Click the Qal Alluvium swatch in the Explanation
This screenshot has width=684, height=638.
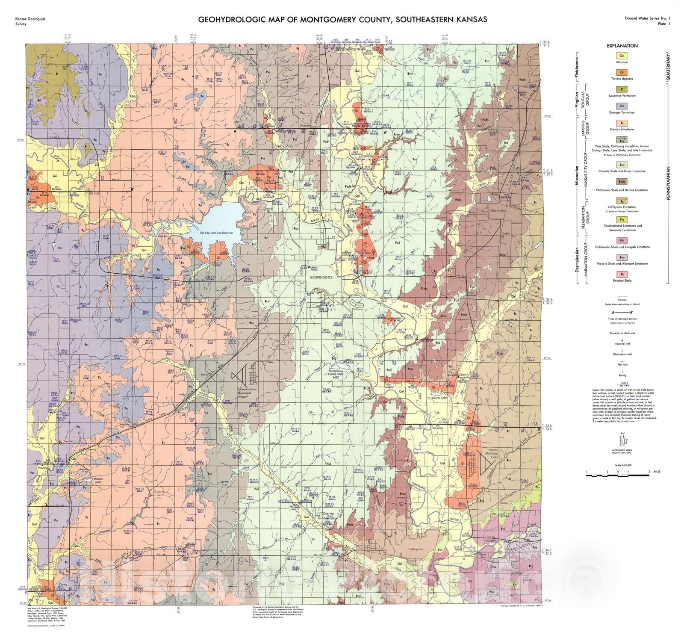pyautogui.click(x=622, y=56)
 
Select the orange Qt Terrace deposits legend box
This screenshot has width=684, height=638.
pyautogui.click(x=622, y=72)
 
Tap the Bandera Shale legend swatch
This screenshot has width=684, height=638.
pyautogui.click(x=622, y=274)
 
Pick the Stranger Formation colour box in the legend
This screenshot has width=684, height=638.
pyautogui.click(x=622, y=106)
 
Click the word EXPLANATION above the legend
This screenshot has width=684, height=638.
pyautogui.click(x=622, y=46)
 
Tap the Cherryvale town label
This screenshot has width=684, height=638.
pyautogui.click(x=497, y=210)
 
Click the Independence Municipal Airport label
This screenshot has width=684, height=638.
pyautogui.click(x=247, y=393)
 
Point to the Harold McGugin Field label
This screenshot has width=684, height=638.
pyautogui.click(x=493, y=454)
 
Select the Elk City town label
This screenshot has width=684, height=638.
pyautogui.click(x=94, y=193)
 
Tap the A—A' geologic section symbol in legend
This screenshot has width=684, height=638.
pyautogui.click(x=622, y=313)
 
